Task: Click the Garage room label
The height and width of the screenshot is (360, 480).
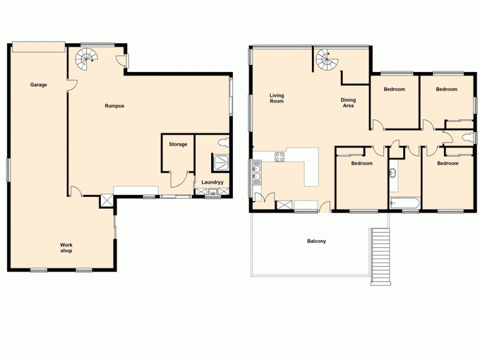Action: pos(38,85)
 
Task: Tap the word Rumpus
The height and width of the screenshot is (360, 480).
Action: pos(115,106)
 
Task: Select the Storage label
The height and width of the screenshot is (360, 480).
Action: pos(178,144)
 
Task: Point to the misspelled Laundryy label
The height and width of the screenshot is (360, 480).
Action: pos(212,182)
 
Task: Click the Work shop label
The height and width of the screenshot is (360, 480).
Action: pos(66,247)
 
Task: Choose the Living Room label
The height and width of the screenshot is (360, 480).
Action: pos(277,98)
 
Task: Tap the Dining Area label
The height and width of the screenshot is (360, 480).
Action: pos(347,103)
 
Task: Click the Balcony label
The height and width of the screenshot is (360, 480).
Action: pos(316,241)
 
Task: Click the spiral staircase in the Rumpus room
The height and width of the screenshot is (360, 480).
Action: pos(86,58)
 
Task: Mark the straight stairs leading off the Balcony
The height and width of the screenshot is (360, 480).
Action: pos(380,256)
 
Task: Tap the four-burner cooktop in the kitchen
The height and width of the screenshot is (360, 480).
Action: pos(280,158)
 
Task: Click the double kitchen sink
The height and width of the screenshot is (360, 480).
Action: pos(257,175)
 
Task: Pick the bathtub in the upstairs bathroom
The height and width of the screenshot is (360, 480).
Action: pos(404,202)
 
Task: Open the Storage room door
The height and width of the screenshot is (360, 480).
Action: pos(178,178)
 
